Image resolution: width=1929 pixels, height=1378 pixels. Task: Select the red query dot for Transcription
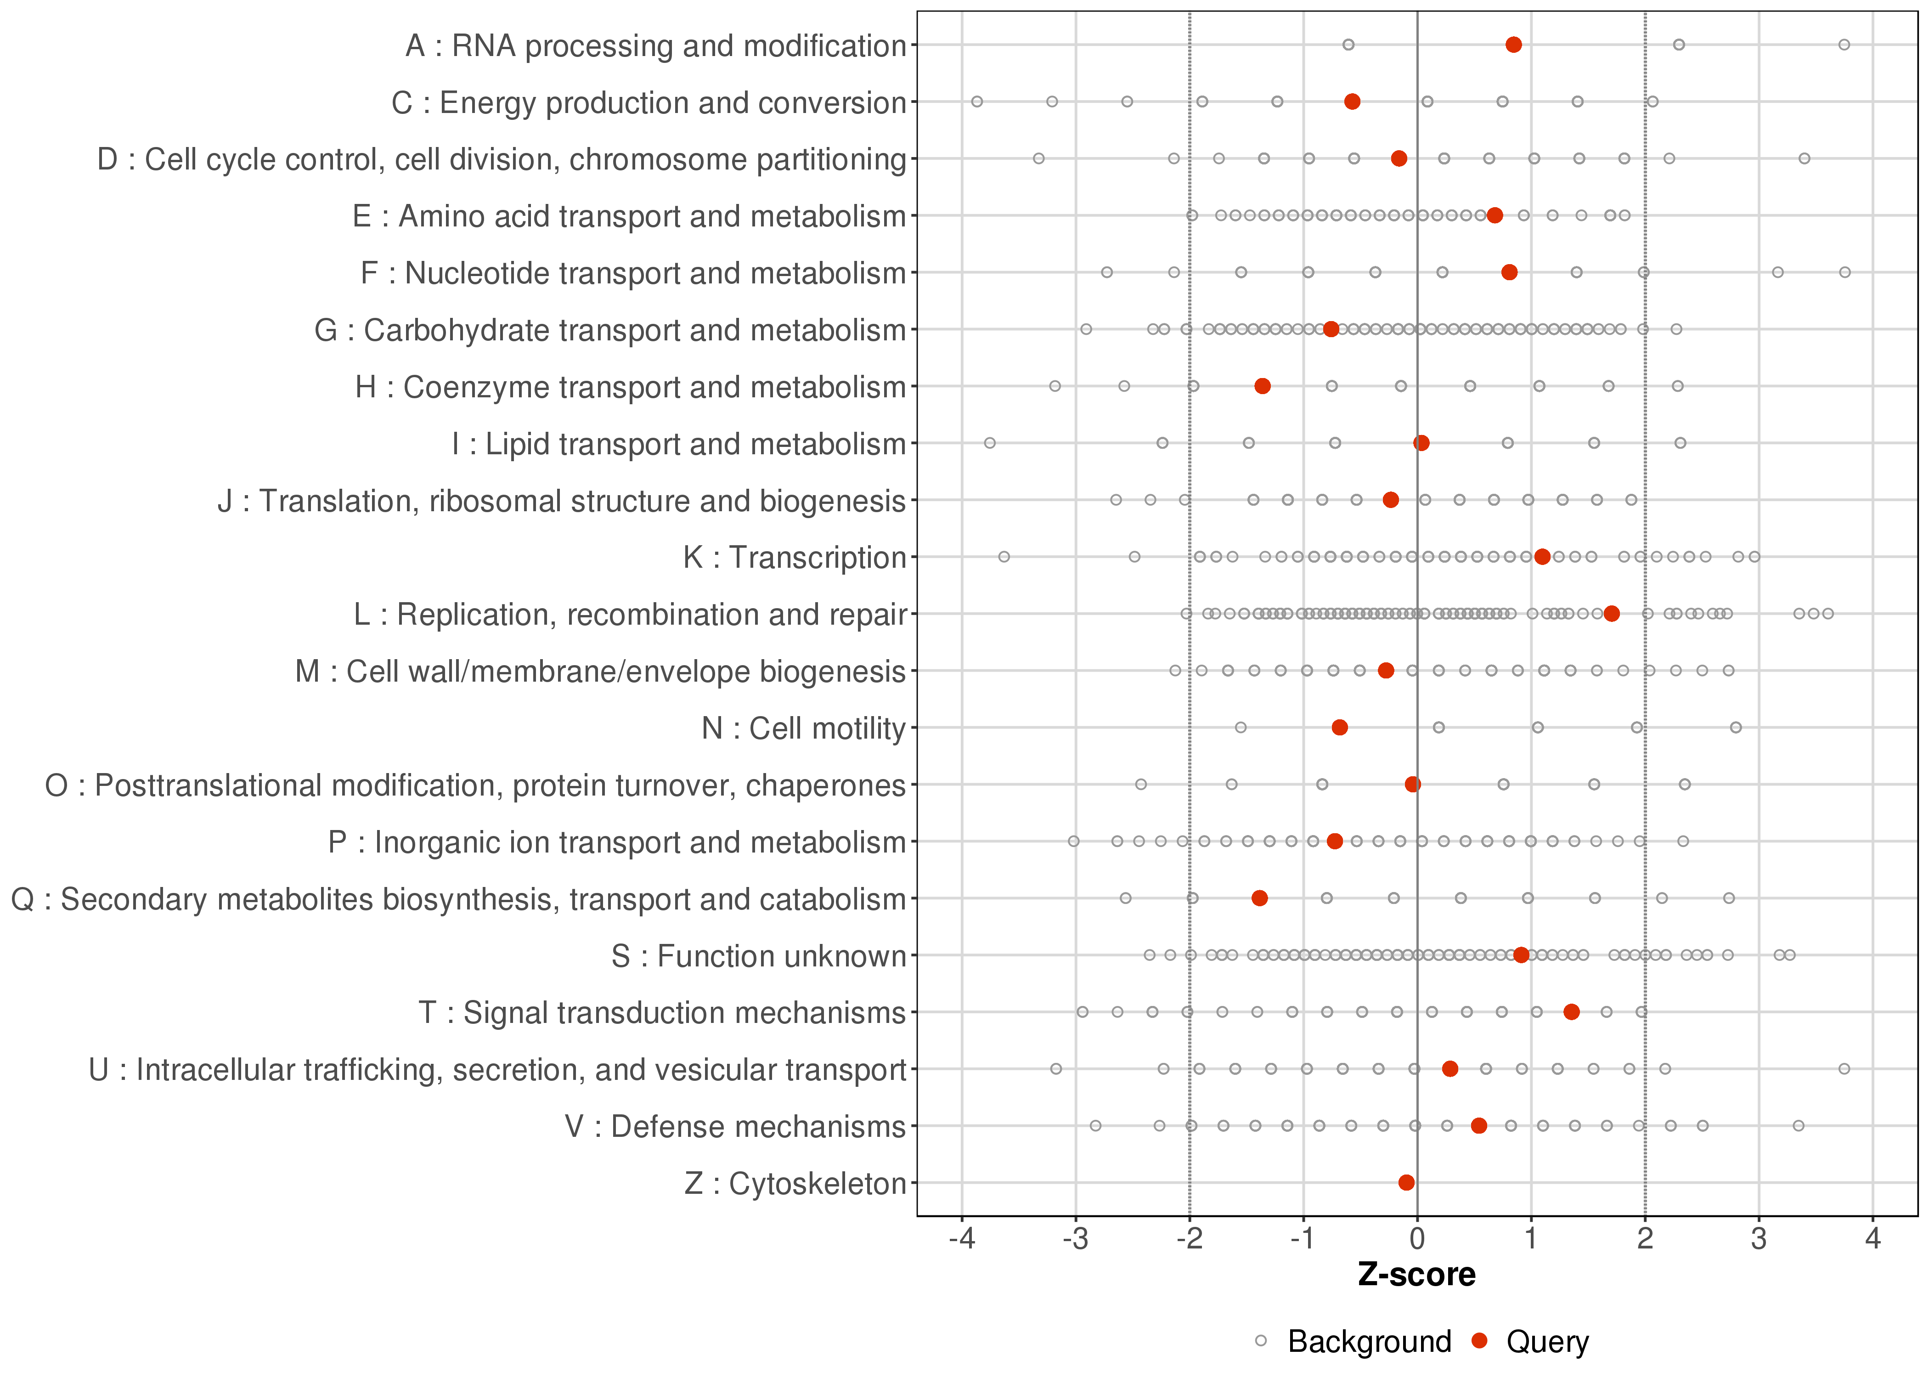tap(1542, 557)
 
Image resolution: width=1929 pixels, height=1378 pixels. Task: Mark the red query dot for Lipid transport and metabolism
tap(1422, 443)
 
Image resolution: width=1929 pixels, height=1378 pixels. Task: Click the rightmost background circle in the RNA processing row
tap(1844, 44)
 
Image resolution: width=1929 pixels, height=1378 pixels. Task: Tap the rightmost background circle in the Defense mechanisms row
tap(1799, 1125)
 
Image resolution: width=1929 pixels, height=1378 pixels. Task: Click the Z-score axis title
tap(1416, 1275)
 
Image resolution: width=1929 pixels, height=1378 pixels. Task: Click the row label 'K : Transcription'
tap(795, 558)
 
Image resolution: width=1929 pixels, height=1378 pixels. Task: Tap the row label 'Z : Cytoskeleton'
tap(795, 1183)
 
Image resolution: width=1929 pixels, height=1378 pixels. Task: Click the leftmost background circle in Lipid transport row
tap(989, 443)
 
